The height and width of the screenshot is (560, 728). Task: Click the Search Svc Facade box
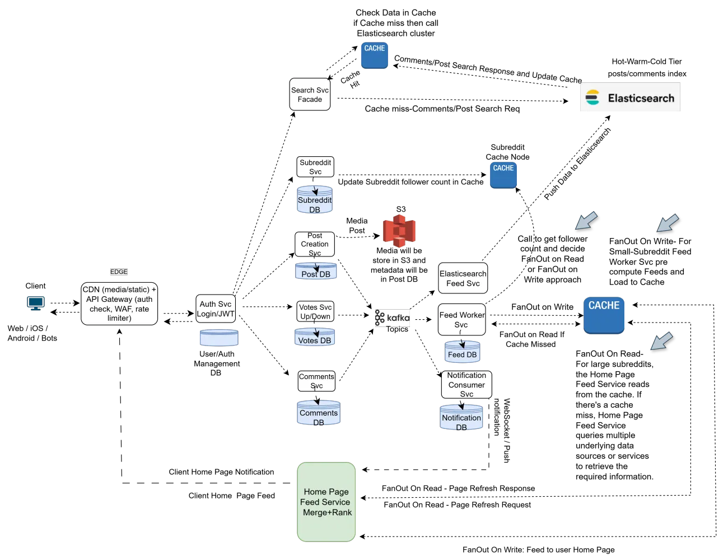pyautogui.click(x=310, y=94)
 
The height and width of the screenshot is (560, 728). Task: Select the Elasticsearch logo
pyautogui.click(x=629, y=97)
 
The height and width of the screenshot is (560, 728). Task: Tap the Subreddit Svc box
pyautogui.click(x=315, y=167)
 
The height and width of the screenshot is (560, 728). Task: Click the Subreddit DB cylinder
pyautogui.click(x=315, y=200)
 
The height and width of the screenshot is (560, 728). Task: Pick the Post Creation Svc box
pyautogui.click(x=315, y=244)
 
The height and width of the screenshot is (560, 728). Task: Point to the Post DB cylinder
pyautogui.click(x=316, y=272)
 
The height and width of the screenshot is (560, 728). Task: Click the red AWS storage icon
pyautogui.click(x=399, y=231)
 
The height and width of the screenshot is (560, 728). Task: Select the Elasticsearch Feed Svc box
pyautogui.click(x=463, y=278)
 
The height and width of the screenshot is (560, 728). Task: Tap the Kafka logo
pyautogui.click(x=392, y=318)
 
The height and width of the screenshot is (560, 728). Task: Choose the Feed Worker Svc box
pyautogui.click(x=461, y=320)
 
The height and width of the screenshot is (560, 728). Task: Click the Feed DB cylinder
pyautogui.click(x=462, y=352)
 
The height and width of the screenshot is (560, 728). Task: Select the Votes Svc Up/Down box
pyautogui.click(x=315, y=311)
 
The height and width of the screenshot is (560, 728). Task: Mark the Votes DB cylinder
pyautogui.click(x=315, y=338)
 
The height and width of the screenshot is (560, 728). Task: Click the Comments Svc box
pyautogui.click(x=316, y=381)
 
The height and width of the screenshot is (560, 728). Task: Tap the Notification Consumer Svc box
pyautogui.click(x=466, y=384)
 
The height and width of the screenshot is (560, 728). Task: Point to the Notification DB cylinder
pyautogui.click(x=461, y=418)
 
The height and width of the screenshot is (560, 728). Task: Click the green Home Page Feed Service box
pyautogui.click(x=326, y=502)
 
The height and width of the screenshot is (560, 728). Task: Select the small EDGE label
pyautogui.click(x=119, y=272)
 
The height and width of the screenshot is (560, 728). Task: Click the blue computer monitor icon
pyautogui.click(x=36, y=304)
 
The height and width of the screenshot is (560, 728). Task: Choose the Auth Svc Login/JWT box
pyautogui.click(x=216, y=309)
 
